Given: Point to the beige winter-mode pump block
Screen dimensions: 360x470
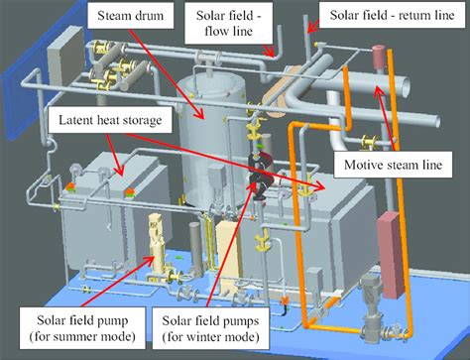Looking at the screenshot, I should click(228, 244).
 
